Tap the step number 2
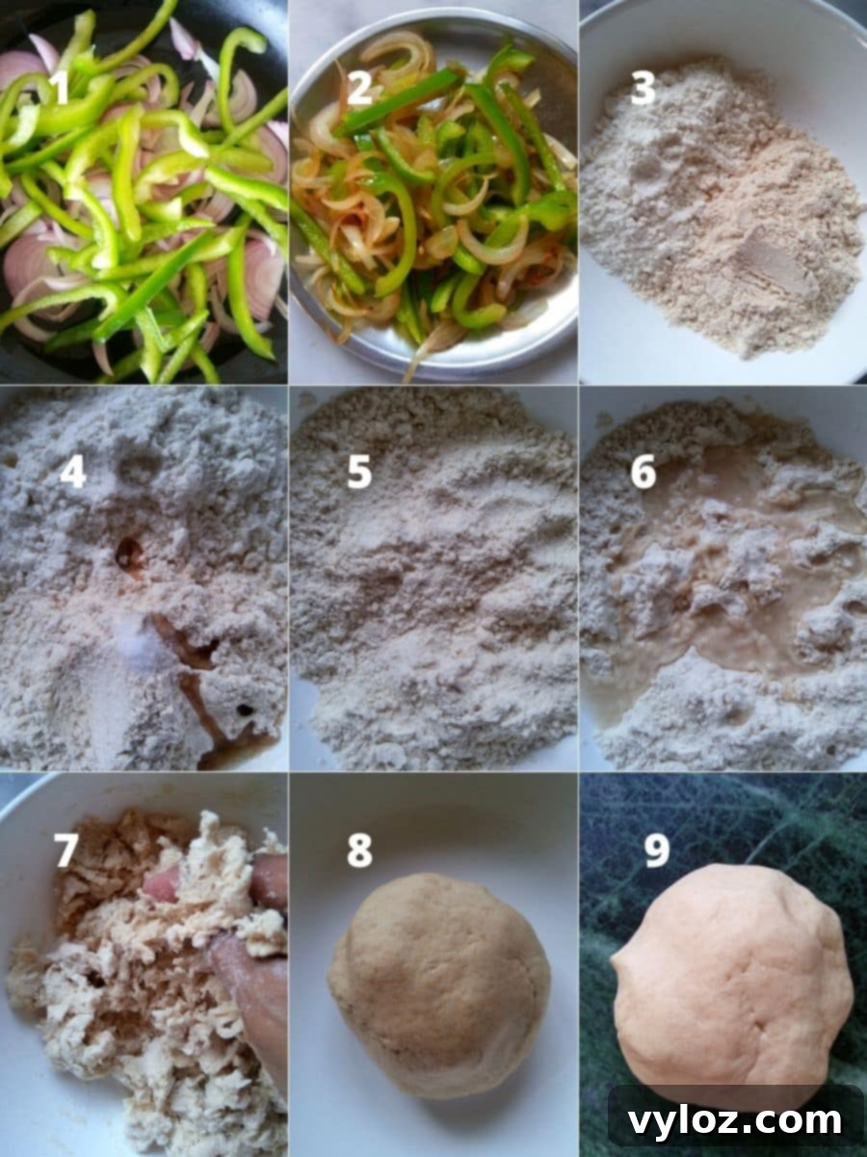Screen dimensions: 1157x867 pos(359,88)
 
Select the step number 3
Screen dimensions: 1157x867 pos(644,88)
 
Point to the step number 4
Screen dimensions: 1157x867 pos(72,472)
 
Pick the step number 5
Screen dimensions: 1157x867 pos(359,472)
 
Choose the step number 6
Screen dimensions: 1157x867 pos(644,472)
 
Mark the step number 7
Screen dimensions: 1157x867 pos(66,850)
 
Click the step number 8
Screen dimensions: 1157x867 pos(359,850)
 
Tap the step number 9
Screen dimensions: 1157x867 pos(657,850)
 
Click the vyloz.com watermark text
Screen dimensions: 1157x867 pos(735,1121)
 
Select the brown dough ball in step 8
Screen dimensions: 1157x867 pos(439,983)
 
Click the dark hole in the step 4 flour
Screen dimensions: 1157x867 pos(128,552)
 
